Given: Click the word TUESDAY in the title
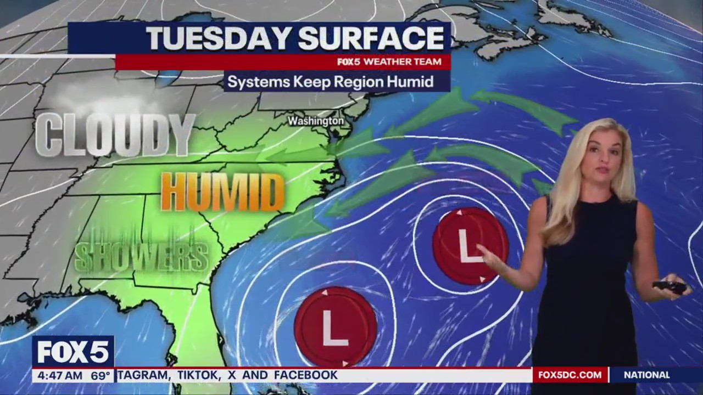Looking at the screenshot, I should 219,38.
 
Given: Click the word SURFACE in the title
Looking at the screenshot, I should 371,38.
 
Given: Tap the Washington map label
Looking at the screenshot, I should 316,121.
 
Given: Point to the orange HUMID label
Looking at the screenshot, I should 223,192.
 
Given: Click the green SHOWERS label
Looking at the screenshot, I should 141,256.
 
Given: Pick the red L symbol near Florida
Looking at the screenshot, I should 335,326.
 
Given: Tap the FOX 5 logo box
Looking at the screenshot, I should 73,352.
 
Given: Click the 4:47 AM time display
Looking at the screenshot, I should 58,376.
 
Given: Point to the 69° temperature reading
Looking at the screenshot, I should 101,376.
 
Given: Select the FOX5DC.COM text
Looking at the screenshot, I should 570,375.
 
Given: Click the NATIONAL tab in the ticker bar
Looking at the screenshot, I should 646,375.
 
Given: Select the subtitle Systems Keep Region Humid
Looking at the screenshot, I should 330,82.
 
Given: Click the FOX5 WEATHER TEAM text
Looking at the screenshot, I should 389,62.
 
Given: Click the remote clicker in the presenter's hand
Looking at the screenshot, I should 670,286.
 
